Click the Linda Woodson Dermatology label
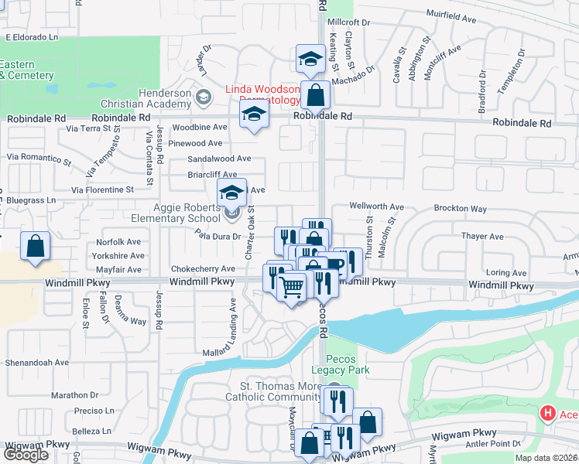(262, 94)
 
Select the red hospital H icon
(548, 415)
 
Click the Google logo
(26, 455)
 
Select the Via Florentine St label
(103, 189)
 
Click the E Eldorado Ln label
(32, 36)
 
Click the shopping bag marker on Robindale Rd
(315, 96)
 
